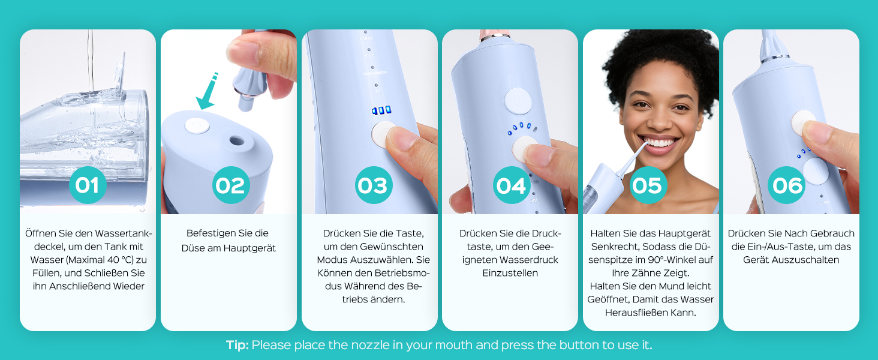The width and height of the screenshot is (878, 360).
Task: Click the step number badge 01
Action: point(88,185)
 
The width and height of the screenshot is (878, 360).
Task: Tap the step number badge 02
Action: point(230,185)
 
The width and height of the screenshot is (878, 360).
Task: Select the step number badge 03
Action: point(373,185)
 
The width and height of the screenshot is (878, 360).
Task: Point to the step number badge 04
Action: point(511,185)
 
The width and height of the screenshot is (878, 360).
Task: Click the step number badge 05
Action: point(648,185)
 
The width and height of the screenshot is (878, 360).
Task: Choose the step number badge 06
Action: point(787,185)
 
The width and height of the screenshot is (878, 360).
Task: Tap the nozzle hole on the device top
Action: point(236,140)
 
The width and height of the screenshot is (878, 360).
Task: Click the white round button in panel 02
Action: point(197,126)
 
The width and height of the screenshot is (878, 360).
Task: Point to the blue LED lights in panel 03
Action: point(381,110)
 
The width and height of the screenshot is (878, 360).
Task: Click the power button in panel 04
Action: point(518,101)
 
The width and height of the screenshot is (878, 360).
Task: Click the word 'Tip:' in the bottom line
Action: point(237,345)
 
